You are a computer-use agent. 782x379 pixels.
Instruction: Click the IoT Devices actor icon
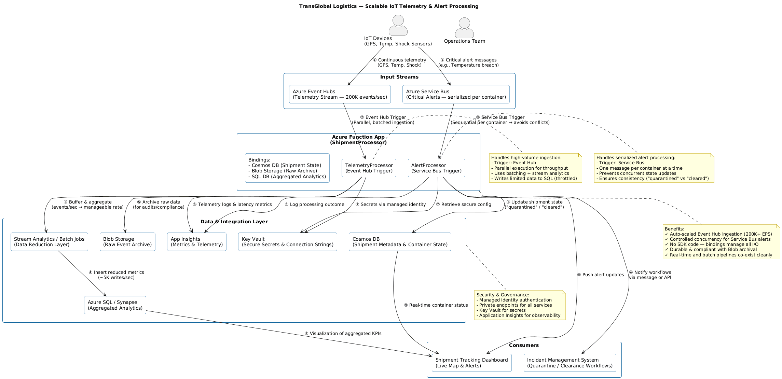tap(398, 25)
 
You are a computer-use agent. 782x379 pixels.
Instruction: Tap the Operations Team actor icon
tap(464, 28)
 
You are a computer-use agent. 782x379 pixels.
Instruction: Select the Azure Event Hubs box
tap(340, 94)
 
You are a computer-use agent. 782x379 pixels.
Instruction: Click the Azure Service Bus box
tap(456, 94)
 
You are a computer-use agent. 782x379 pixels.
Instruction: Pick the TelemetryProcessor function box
tap(369, 168)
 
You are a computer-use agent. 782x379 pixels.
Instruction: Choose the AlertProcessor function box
tap(436, 168)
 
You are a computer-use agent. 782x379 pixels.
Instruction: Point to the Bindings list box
tap(287, 168)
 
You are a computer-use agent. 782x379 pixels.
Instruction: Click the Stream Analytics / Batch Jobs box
tap(49, 242)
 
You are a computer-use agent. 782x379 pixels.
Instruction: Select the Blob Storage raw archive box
tap(127, 242)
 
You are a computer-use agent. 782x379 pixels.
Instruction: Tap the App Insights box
tap(196, 242)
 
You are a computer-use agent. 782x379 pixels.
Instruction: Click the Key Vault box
tap(287, 242)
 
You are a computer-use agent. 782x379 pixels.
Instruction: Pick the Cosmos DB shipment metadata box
tap(400, 242)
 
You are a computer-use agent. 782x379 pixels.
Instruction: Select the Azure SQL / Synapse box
tap(115, 305)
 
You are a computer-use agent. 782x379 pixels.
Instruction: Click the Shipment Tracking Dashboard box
tap(471, 363)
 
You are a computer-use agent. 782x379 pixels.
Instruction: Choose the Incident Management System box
tap(570, 363)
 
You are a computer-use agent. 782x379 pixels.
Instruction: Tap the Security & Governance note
tap(520, 305)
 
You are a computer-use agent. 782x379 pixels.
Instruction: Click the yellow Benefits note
tap(721, 242)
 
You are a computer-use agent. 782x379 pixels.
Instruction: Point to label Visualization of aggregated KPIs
tap(343, 334)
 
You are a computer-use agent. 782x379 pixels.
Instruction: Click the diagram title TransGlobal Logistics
tap(388, 6)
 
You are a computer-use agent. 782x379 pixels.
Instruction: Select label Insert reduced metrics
tap(116, 275)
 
